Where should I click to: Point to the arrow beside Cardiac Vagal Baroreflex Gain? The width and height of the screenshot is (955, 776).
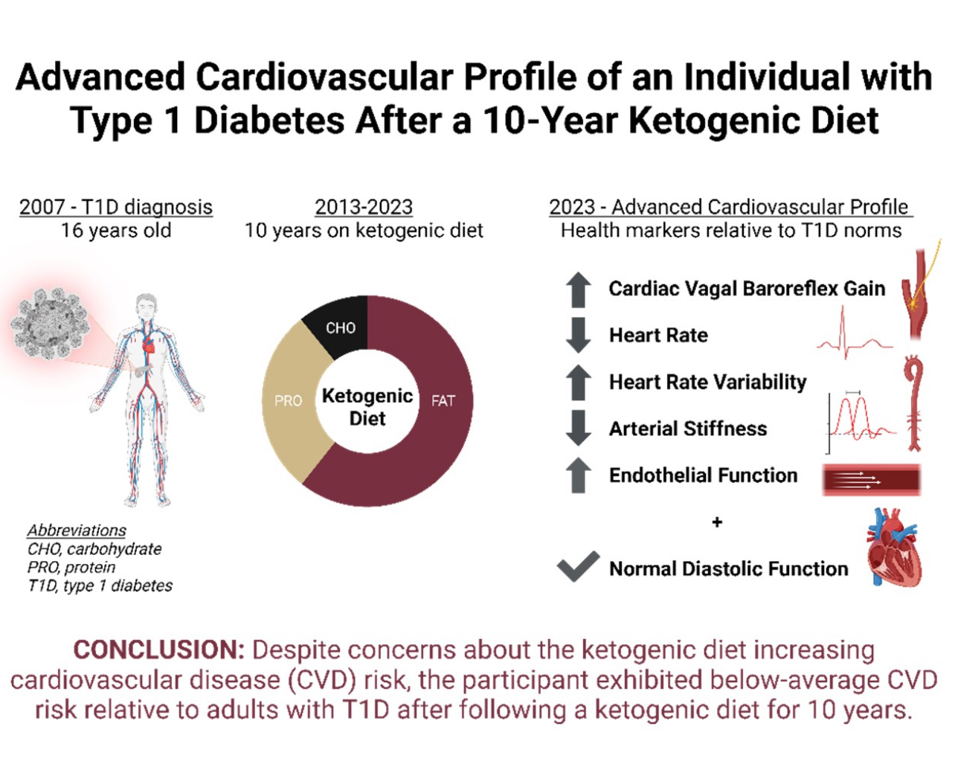578,289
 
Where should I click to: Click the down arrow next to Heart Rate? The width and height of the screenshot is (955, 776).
578,335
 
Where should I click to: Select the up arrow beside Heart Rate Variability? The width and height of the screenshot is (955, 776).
578,382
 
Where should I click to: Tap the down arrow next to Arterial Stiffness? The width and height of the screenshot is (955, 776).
578,428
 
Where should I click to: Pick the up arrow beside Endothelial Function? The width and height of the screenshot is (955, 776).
578,475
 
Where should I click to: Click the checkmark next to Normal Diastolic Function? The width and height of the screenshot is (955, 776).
577,567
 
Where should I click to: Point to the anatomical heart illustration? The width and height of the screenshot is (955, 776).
894,548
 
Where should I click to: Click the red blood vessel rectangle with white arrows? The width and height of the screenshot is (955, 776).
872,479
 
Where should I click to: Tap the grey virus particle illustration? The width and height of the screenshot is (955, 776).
50,323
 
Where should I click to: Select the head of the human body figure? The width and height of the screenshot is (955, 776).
147,305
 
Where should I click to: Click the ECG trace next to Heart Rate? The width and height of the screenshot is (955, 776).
853,338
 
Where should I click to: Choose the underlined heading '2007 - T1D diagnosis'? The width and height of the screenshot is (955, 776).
116,207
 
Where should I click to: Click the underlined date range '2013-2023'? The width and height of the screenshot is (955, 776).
364,207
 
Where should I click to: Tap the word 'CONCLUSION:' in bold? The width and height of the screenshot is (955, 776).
158,650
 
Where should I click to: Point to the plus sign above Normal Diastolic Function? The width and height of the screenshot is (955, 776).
717,522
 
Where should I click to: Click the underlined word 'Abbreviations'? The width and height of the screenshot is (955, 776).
77,530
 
